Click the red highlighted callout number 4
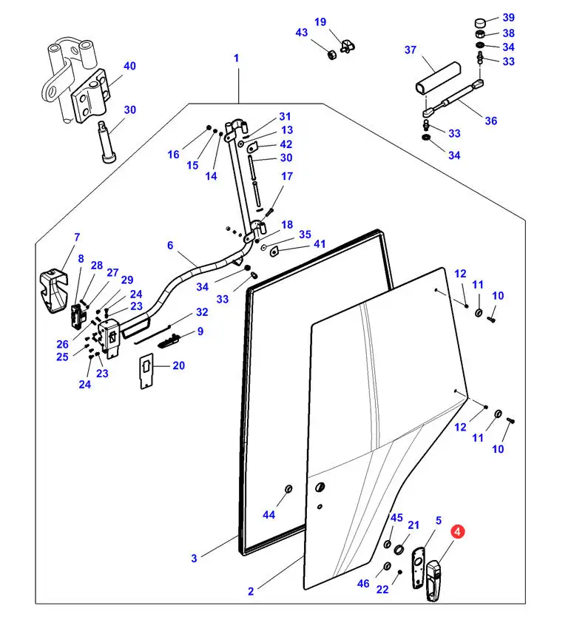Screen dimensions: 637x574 pyautogui.click(x=459, y=532)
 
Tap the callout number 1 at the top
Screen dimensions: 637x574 pyautogui.click(x=237, y=58)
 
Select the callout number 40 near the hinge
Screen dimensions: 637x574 pyautogui.click(x=129, y=66)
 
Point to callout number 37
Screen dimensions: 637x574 pyautogui.click(x=411, y=50)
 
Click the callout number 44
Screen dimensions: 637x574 pyautogui.click(x=269, y=514)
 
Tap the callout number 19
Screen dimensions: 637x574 pyautogui.click(x=320, y=22)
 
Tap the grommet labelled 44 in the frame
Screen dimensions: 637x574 pyautogui.click(x=288, y=491)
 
